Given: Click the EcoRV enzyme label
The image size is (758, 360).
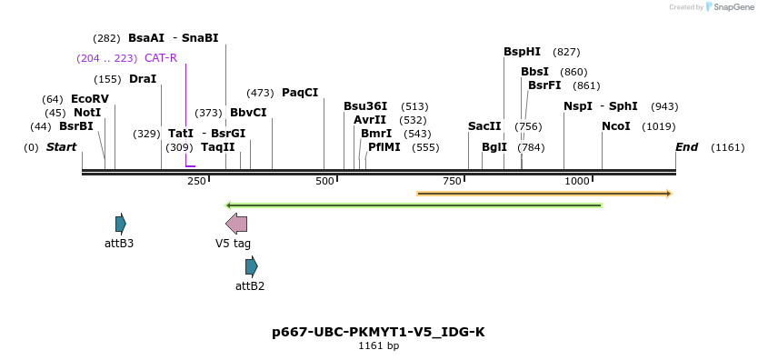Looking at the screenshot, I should click(x=89, y=98).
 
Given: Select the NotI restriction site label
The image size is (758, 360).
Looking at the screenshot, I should click(x=87, y=113).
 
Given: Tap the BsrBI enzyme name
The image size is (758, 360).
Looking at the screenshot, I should click(x=76, y=126).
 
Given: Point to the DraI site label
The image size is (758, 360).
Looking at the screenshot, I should click(x=143, y=79).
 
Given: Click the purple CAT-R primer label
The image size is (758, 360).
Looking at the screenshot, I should click(x=161, y=58).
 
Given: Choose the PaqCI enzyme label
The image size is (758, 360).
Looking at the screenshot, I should click(x=300, y=93).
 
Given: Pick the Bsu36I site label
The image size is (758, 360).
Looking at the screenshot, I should click(x=365, y=106).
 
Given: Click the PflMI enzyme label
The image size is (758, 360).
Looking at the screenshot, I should click(x=384, y=147).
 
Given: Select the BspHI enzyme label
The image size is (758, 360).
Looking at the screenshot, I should click(x=522, y=52).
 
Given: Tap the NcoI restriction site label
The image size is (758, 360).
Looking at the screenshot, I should click(x=615, y=126).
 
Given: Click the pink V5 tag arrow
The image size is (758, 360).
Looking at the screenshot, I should click(x=236, y=224).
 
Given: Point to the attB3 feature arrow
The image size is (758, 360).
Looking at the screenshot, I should click(x=121, y=224).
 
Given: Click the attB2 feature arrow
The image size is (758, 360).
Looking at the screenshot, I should click(x=252, y=266).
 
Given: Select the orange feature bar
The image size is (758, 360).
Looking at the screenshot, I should click(x=544, y=194).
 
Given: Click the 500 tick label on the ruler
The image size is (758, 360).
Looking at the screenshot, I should click(x=325, y=182).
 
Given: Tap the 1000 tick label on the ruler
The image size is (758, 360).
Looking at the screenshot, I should click(x=577, y=182).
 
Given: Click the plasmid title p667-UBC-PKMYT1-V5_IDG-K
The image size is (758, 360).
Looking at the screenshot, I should click(x=378, y=332).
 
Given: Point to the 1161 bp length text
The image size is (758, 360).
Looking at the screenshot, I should click(x=378, y=346).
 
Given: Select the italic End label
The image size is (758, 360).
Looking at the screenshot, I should click(x=686, y=147).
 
